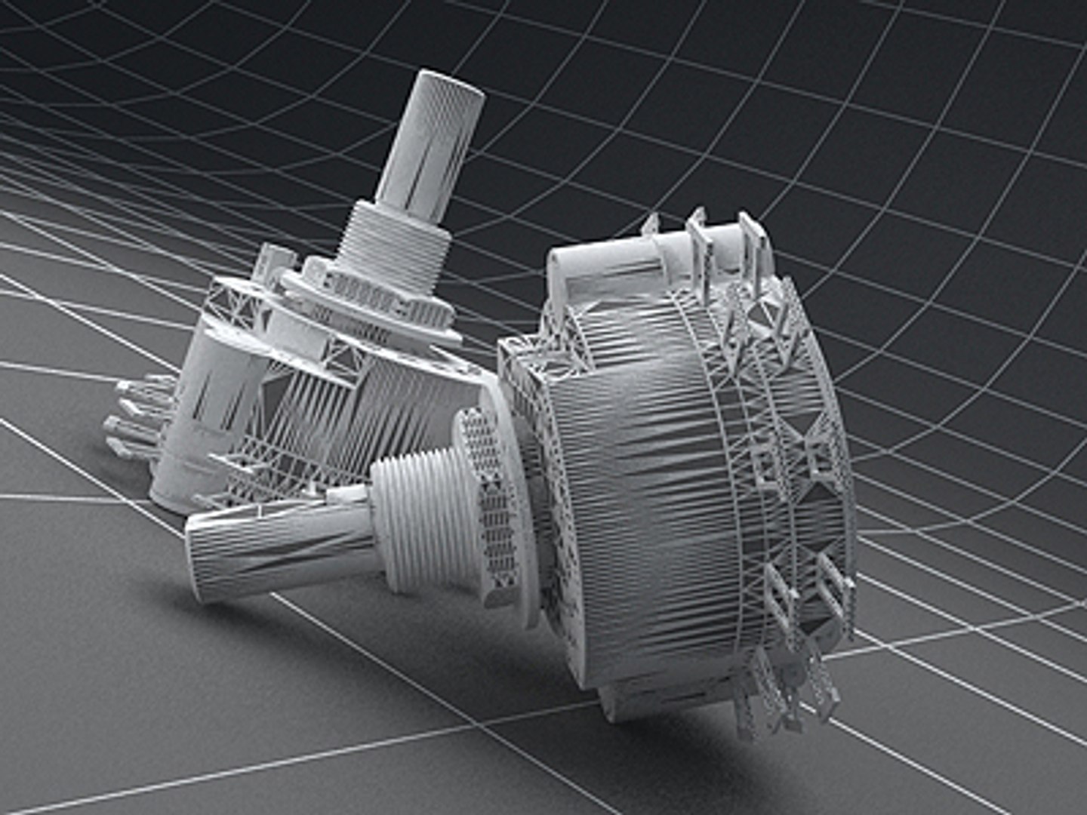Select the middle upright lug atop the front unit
[x=698, y=241]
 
